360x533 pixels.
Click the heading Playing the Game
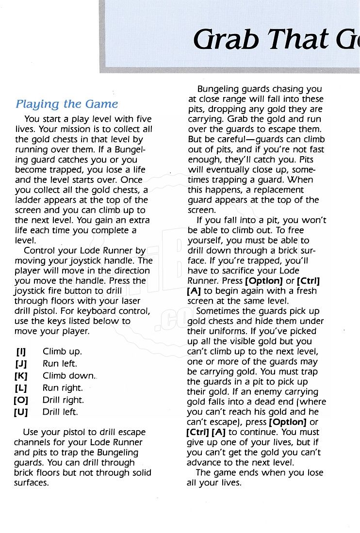point(67,104)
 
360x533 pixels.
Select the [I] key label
point(21,352)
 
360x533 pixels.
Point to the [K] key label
point(21,376)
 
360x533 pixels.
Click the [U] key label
point(21,412)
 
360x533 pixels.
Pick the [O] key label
point(21,400)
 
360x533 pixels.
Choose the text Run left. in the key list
point(60,364)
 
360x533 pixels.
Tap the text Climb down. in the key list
point(69,376)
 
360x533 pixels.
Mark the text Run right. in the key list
point(63,388)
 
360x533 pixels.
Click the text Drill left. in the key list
point(60,412)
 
